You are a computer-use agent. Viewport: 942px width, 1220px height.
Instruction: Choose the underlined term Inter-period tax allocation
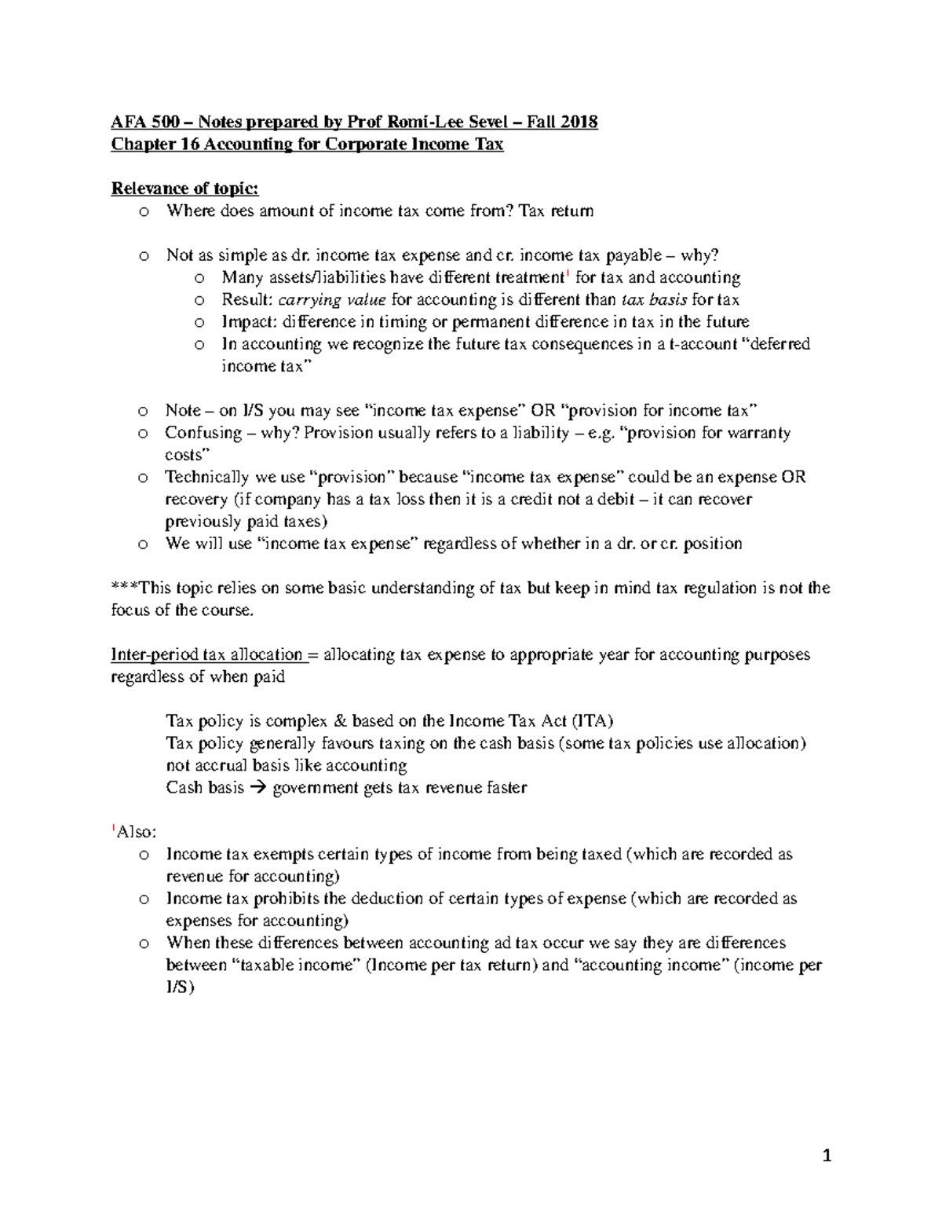point(206,654)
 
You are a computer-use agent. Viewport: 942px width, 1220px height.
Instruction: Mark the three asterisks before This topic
point(123,588)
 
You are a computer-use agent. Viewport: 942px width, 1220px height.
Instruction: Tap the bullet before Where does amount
point(142,211)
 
